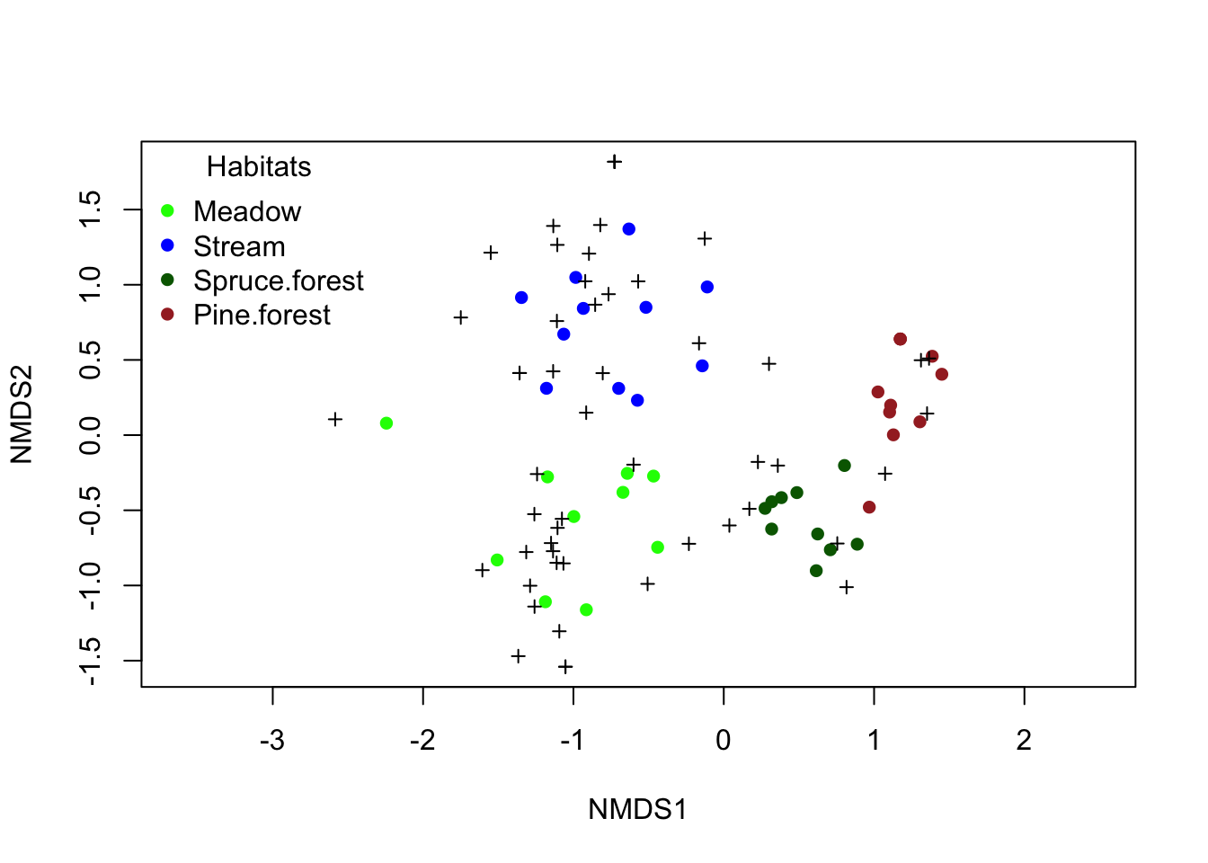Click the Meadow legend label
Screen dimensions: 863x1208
(x=247, y=212)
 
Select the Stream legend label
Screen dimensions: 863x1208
(x=239, y=246)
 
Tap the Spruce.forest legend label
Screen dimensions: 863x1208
(x=279, y=281)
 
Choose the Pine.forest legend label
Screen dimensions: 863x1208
(x=262, y=316)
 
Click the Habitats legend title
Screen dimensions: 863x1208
(x=259, y=167)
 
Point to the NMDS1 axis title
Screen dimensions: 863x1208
(x=637, y=810)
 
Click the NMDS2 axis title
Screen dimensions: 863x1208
(x=22, y=414)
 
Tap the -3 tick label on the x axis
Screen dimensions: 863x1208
(x=272, y=741)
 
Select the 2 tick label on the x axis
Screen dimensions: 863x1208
(x=1024, y=741)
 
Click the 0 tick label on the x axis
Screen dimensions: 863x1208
(x=724, y=741)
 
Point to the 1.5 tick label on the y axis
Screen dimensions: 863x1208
(x=91, y=209)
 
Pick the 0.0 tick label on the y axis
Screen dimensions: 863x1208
(x=91, y=435)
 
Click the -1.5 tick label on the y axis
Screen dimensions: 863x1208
(x=91, y=662)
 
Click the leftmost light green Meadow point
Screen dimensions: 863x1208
(x=386, y=423)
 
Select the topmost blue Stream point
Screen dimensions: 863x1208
(x=629, y=229)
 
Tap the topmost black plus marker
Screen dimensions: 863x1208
(x=615, y=162)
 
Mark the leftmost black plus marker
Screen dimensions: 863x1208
(x=335, y=420)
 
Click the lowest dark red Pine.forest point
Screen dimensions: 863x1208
(x=869, y=507)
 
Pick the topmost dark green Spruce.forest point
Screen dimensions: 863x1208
(x=845, y=466)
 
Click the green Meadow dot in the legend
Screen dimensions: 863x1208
(x=167, y=211)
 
